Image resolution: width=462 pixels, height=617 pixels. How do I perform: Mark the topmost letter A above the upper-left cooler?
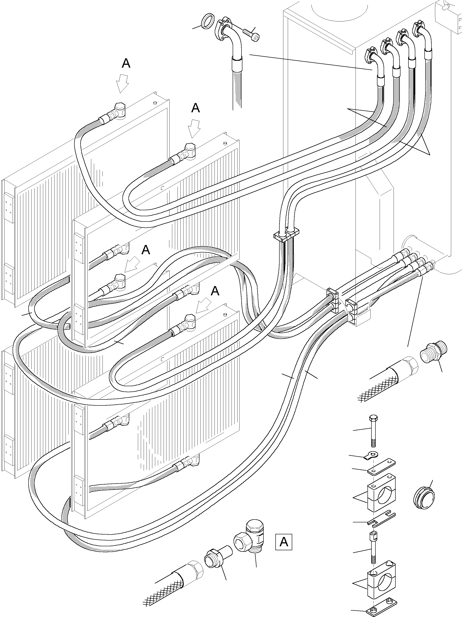pos(126,64)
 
